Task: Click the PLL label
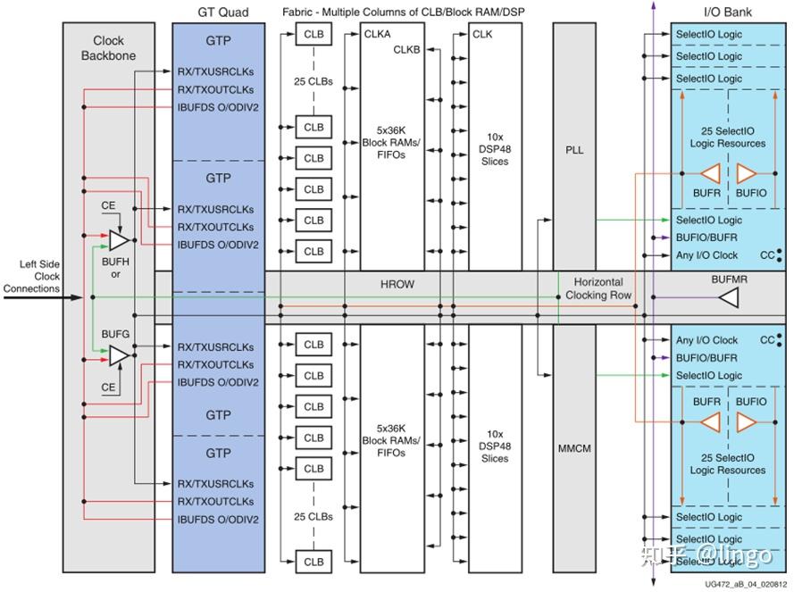(x=573, y=150)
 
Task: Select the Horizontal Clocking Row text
(x=598, y=288)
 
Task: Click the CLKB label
(x=407, y=50)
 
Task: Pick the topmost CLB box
(x=313, y=35)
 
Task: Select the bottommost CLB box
(x=313, y=562)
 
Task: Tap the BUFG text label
(x=115, y=333)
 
